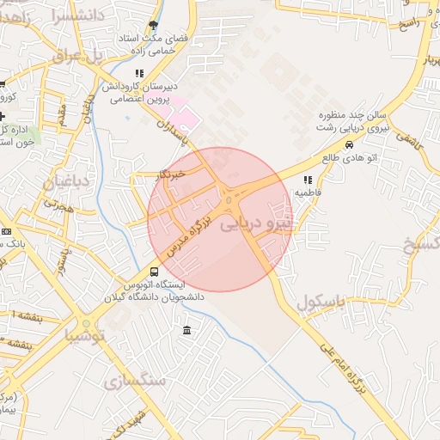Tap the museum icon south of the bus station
point(187,331)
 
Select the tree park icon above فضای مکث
point(154,26)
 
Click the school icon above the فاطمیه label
point(307,180)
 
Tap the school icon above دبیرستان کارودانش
point(139,74)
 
